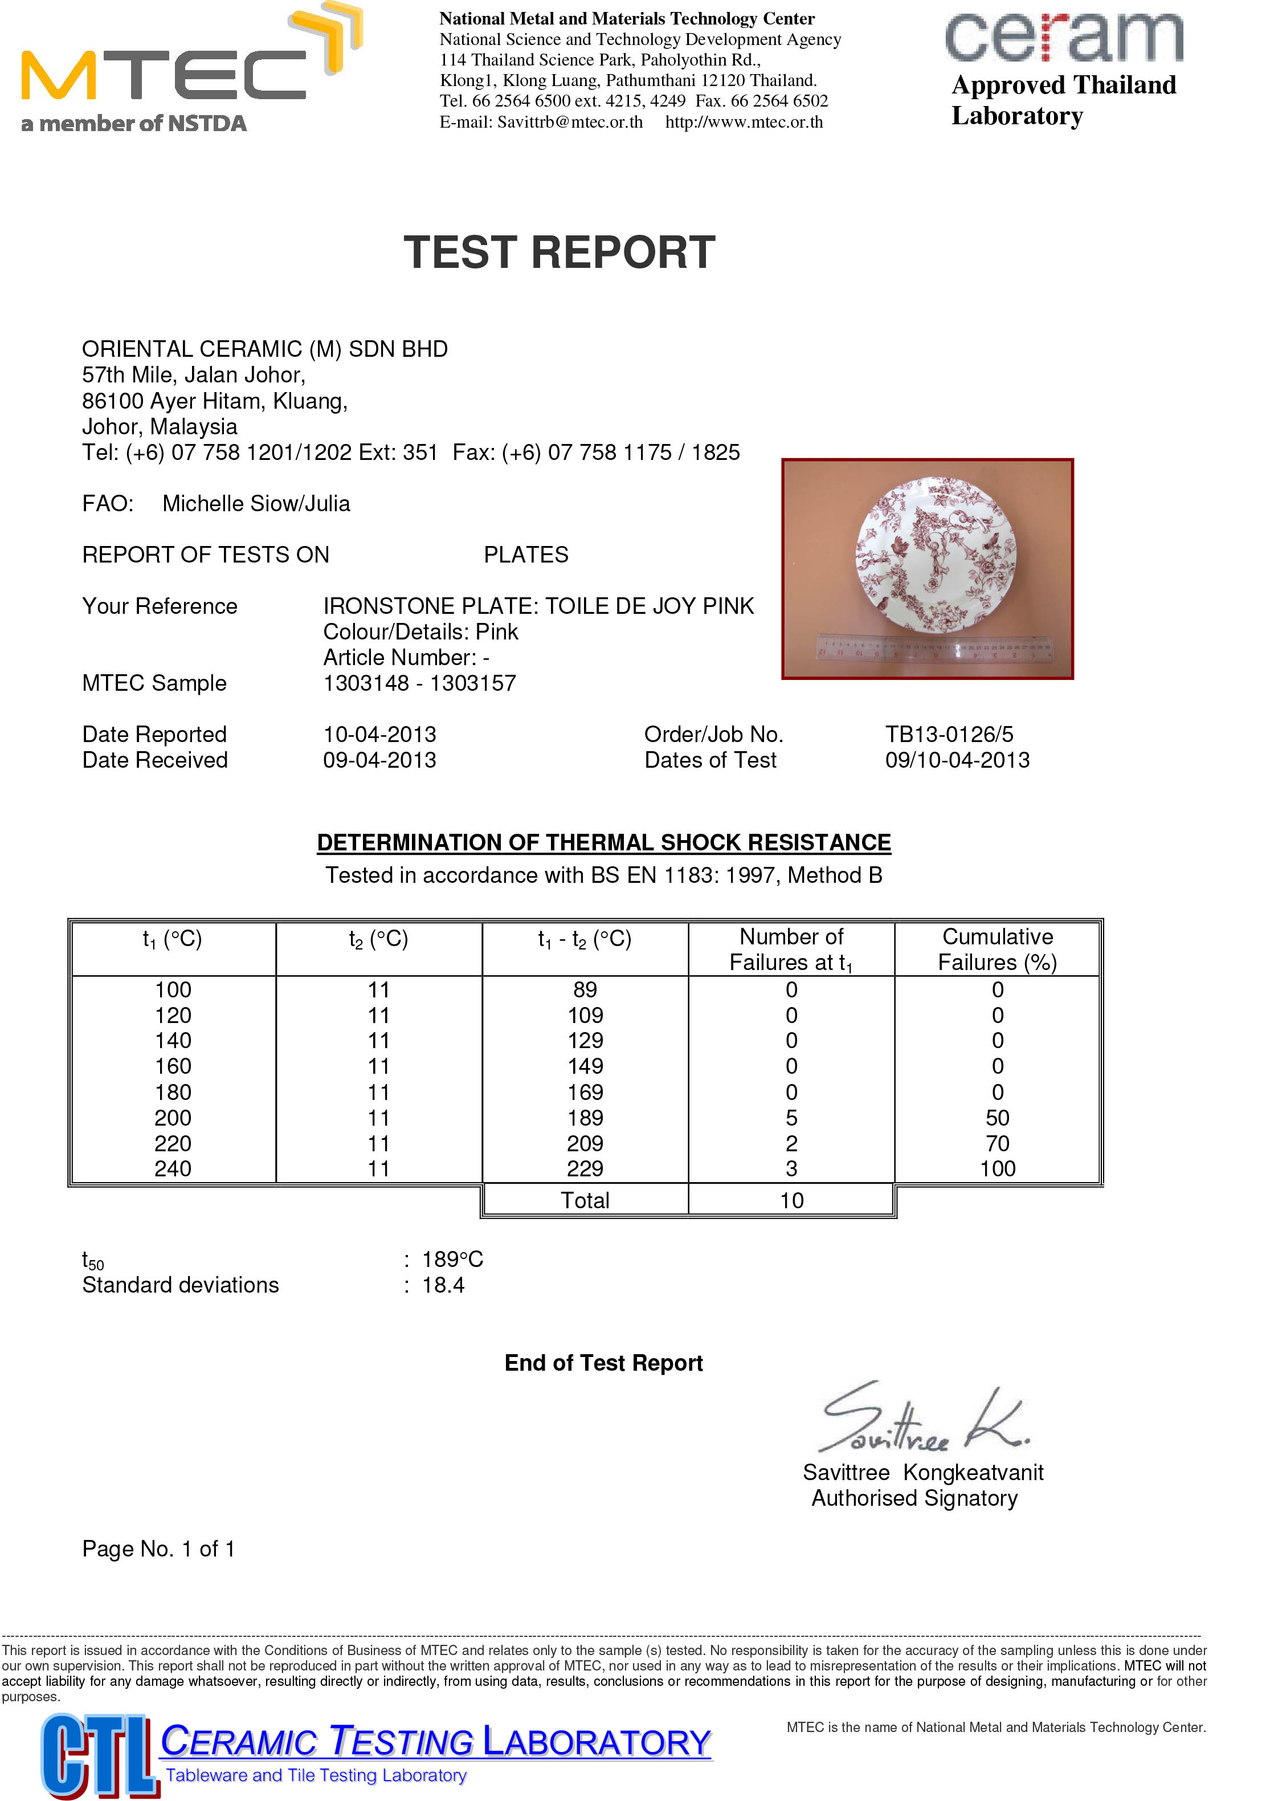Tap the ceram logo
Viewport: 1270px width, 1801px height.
[1063, 37]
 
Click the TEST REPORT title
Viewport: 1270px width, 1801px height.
[559, 252]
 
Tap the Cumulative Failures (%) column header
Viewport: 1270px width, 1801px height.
[997, 949]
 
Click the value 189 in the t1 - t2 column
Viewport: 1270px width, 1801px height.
[585, 1118]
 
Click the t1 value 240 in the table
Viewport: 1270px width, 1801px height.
[173, 1169]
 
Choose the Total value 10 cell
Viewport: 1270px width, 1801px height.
[791, 1200]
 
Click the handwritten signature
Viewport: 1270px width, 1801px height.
[921, 1420]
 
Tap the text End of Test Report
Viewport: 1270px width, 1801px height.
[603, 1363]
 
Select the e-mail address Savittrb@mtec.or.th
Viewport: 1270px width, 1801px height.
[570, 121]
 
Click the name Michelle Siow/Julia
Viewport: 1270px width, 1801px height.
[256, 504]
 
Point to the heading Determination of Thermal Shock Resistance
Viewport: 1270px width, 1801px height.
[603, 842]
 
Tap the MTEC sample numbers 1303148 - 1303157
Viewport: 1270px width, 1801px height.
[419, 683]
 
